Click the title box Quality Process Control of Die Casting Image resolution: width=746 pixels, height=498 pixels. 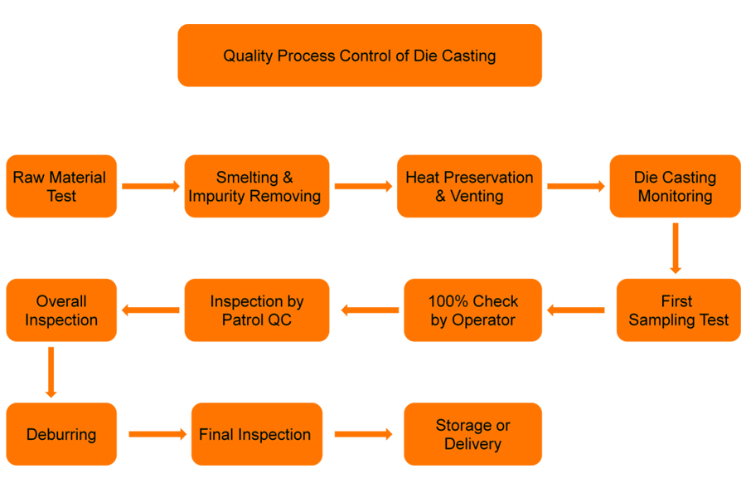(360, 56)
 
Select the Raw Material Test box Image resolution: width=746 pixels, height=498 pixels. (61, 186)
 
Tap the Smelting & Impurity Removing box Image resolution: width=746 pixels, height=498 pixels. (257, 186)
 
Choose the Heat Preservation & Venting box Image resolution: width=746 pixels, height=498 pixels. (470, 186)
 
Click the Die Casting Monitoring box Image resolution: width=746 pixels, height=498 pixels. (675, 186)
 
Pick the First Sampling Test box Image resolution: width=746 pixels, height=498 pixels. (678, 310)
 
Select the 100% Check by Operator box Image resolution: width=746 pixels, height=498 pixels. (473, 310)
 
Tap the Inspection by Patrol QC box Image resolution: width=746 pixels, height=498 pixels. (257, 310)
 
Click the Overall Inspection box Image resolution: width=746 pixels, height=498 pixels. (61, 310)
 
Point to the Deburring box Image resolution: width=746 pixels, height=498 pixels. (61, 434)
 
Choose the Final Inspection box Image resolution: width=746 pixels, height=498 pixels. (257, 434)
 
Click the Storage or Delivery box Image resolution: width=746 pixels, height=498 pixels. (473, 434)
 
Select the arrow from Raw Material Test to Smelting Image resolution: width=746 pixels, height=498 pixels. (151, 186)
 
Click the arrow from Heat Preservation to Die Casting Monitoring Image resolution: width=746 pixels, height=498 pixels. (576, 186)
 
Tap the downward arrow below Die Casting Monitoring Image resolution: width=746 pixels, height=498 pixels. (676, 248)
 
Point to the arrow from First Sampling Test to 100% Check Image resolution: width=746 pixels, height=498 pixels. (576, 310)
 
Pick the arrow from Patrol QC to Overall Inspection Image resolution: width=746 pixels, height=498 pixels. (150, 310)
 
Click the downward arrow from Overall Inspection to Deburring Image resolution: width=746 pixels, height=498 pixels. (51, 372)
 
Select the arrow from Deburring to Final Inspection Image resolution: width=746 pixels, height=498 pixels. (157, 434)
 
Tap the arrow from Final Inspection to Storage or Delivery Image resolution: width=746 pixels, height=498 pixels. (364, 434)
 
